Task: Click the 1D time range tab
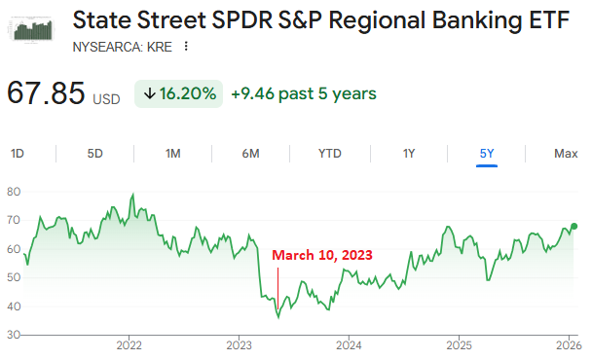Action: pos(18,153)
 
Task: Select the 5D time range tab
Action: pos(94,153)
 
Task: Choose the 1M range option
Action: pos(172,153)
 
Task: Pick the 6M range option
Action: pos(250,153)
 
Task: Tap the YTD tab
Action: pos(330,153)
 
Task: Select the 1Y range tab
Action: pos(409,153)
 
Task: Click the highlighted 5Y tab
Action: pos(487,153)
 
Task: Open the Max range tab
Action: pos(566,153)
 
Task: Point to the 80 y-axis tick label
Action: pos(13,192)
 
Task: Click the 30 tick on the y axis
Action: pos(13,335)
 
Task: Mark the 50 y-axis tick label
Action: pos(13,277)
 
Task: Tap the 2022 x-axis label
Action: pos(129,345)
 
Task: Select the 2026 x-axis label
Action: pos(566,345)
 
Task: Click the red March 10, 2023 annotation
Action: pos(321,255)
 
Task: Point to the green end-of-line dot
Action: pos(574,226)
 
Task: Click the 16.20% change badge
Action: pos(178,93)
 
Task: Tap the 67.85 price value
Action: pos(46,93)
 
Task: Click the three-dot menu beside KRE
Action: pos(185,46)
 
